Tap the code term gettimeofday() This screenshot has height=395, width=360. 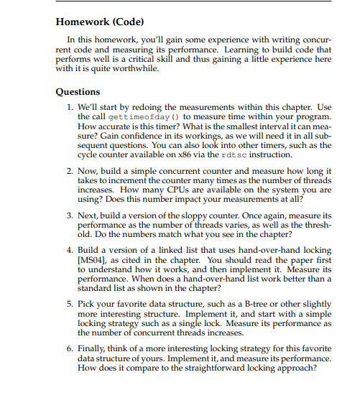coord(133,116)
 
